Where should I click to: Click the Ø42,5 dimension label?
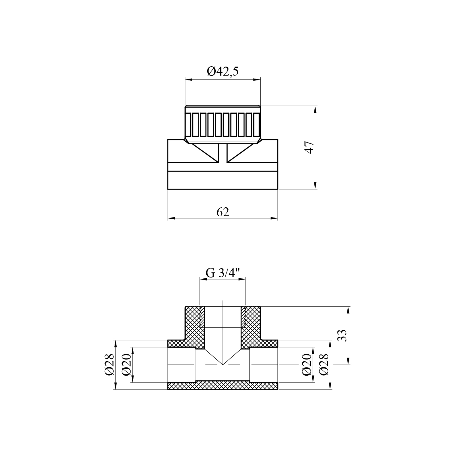[x=223, y=72]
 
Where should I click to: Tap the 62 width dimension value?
[x=223, y=212]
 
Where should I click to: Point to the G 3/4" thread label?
[x=223, y=273]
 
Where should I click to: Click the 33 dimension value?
[x=342, y=335]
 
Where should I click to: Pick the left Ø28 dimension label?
[x=109, y=364]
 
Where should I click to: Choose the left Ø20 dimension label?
[x=127, y=364]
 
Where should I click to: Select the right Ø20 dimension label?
[x=306, y=364]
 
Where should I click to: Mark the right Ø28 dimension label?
[x=324, y=364]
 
